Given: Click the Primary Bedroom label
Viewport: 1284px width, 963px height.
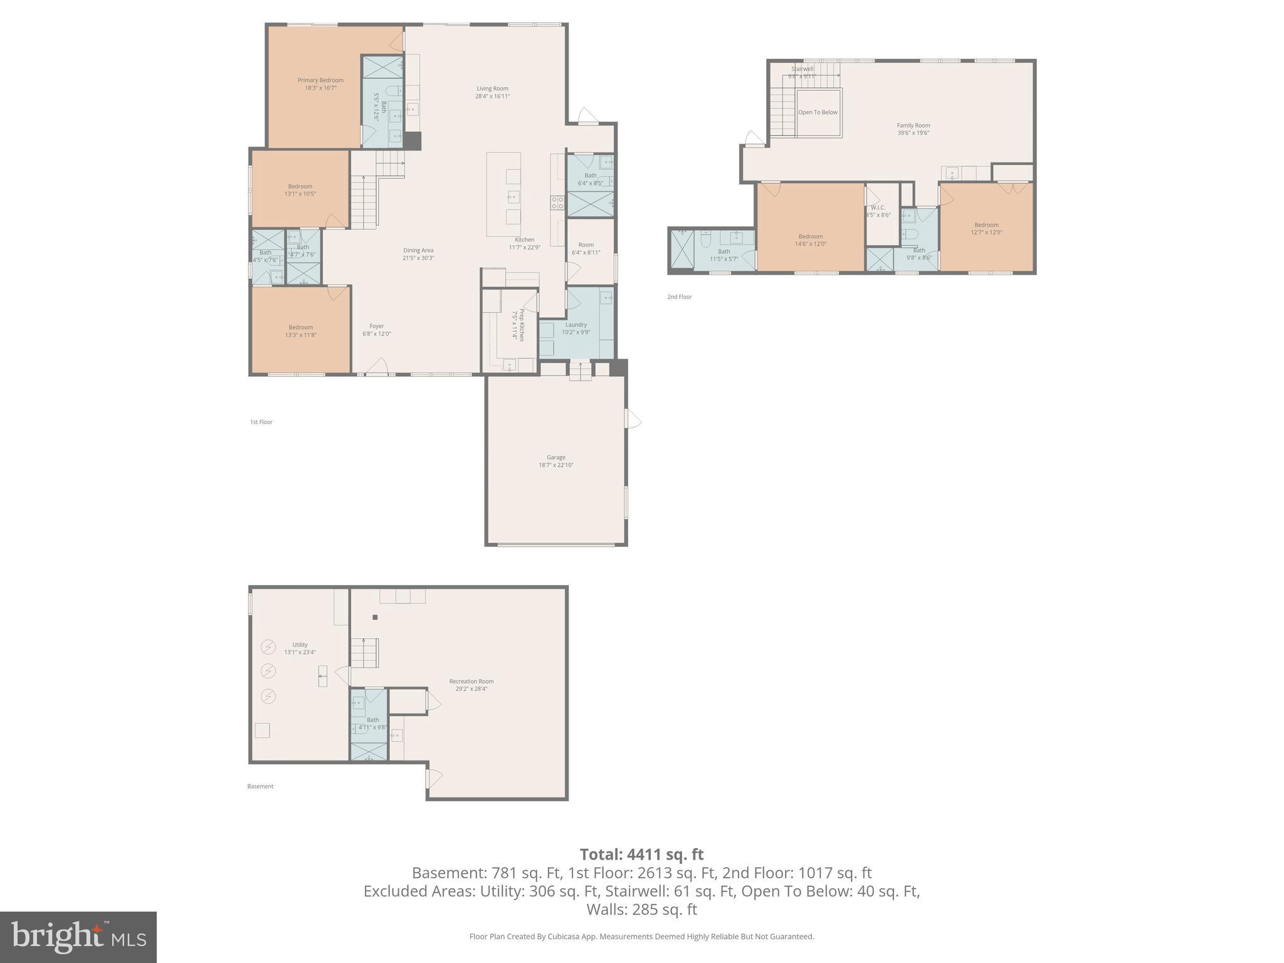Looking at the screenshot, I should coord(320,80).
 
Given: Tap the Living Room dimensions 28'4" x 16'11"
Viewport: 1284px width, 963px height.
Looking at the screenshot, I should coord(492,97).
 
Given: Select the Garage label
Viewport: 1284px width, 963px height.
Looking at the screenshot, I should coord(555,458).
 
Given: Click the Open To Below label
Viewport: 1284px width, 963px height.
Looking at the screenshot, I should coord(818,113).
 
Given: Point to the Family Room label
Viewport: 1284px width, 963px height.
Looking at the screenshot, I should coord(913,125).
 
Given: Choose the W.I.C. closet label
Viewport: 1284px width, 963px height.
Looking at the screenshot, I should coord(878,208).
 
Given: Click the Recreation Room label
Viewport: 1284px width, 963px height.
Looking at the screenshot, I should coord(471,681).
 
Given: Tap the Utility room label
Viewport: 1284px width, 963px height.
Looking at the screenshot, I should coord(300,645).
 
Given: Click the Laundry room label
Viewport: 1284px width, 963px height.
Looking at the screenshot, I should coord(576,325).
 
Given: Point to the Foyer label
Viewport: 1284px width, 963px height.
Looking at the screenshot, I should coord(376,326).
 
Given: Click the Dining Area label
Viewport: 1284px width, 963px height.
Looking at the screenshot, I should coord(418,250).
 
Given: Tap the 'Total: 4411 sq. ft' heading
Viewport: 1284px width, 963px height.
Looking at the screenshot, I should coord(641,855).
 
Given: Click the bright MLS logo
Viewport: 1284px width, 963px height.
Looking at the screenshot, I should coord(78,937).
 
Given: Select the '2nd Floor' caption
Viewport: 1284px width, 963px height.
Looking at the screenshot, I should coord(679,297).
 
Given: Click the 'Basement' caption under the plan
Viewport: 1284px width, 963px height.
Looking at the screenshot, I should coord(260,786).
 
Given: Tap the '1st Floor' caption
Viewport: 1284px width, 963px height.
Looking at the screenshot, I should coord(261,422).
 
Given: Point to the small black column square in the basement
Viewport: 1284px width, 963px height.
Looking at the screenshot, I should coord(375,618).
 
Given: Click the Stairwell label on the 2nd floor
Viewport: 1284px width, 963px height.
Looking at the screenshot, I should coord(802,69).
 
